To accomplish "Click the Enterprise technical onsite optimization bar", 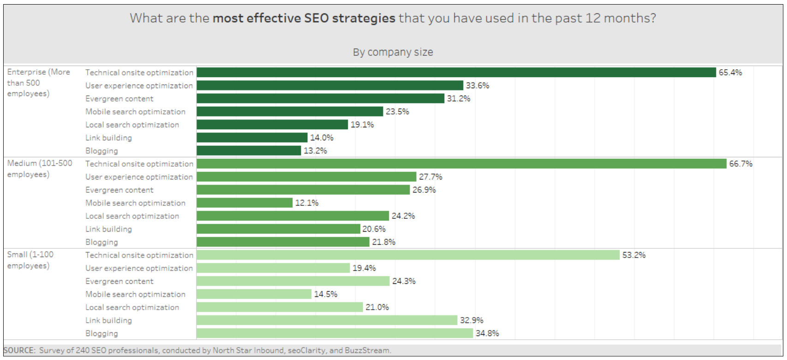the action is [x=456, y=72].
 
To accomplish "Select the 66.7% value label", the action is [x=740, y=164].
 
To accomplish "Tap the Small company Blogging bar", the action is [x=335, y=333].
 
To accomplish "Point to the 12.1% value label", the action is [x=307, y=203].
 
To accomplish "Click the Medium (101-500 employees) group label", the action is [x=39, y=169].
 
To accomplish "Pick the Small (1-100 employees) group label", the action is [x=30, y=260].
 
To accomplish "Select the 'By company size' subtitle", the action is [x=393, y=52].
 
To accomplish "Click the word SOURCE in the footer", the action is [x=19, y=350].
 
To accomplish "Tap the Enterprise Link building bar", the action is [x=252, y=138].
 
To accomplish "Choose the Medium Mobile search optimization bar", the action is [x=244, y=203].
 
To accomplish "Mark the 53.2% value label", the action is [x=634, y=255].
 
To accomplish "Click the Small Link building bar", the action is [x=327, y=320].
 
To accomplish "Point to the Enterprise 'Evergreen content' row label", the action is [x=119, y=99].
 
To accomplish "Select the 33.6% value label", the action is [x=477, y=85].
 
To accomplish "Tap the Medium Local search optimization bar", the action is [x=292, y=216].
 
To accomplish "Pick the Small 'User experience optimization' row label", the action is [x=139, y=268].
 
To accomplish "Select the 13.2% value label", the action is [x=315, y=151].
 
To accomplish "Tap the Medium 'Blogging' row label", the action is [x=101, y=242].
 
